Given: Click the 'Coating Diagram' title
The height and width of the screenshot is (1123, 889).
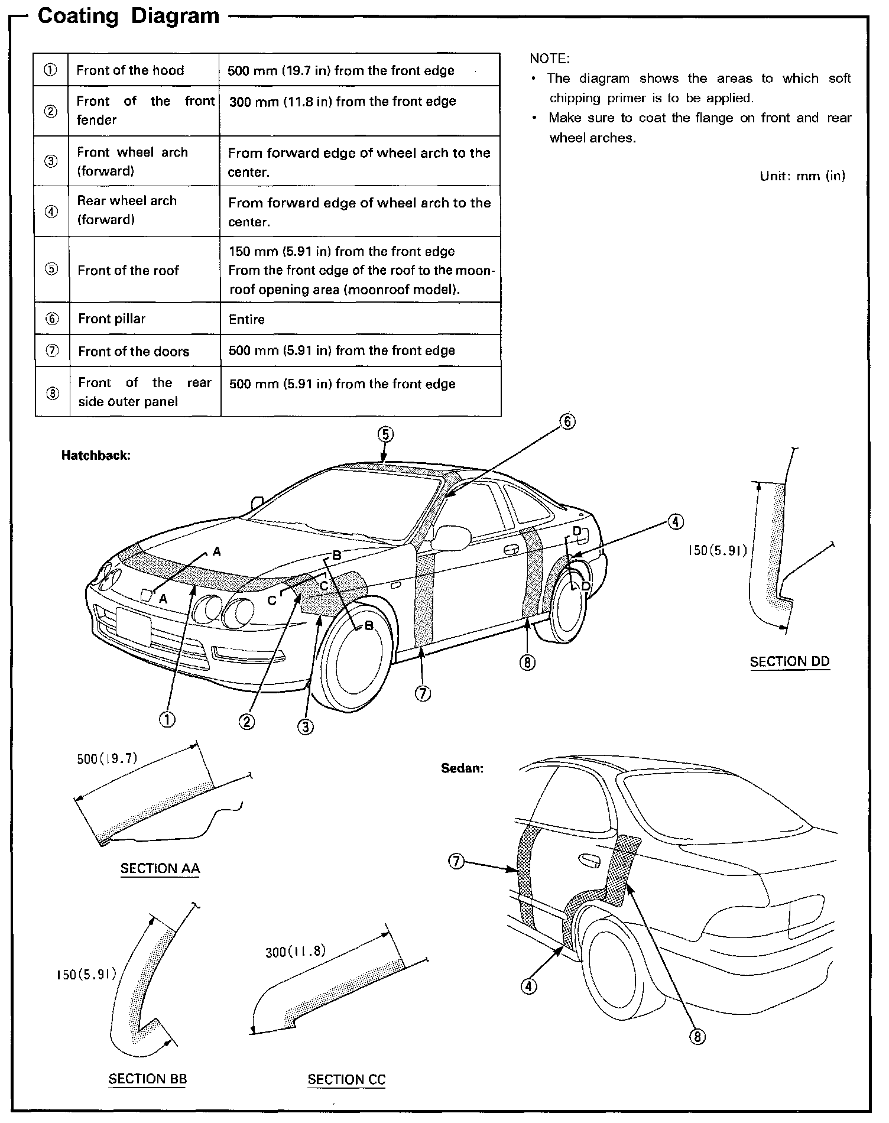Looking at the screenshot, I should tap(128, 16).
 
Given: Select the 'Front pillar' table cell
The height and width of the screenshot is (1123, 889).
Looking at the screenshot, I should tap(112, 319).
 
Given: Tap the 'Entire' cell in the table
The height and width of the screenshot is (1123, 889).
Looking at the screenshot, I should tap(246, 320).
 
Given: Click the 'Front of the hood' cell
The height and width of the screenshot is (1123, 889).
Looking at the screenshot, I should tap(130, 70).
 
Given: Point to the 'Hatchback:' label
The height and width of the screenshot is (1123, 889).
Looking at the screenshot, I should tap(96, 456).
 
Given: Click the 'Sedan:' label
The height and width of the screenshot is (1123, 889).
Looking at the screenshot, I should tap(462, 768).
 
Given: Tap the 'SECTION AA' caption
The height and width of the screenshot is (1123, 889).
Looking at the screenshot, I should tap(160, 868).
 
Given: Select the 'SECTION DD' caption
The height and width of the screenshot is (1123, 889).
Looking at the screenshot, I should tap(790, 662).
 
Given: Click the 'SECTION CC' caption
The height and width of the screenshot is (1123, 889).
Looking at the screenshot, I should tap(346, 1080).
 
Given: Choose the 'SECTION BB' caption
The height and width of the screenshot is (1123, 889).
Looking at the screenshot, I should tap(148, 1079).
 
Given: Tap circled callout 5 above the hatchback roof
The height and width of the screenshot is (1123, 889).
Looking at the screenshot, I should tap(385, 435).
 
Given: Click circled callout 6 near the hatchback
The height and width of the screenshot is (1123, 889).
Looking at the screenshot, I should tap(567, 421).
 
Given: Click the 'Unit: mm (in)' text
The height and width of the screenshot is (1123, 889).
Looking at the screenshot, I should tap(802, 176).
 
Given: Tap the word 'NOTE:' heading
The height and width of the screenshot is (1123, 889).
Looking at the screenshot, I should tap(550, 59).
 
